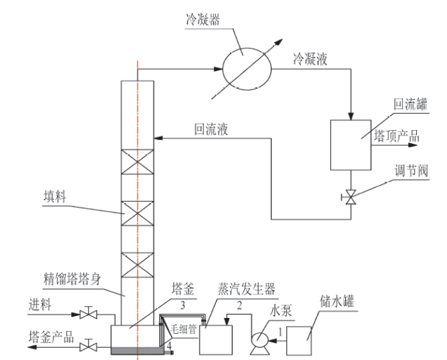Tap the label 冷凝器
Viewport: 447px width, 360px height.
pos(203,20)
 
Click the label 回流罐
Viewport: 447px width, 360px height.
pos(411,104)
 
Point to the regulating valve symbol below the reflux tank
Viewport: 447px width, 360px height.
pos(350,197)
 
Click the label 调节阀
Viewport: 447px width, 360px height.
pos(411,171)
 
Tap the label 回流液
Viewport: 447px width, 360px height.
pos(211,129)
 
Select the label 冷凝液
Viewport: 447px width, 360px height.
pos(310,59)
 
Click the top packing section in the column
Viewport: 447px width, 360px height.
pos(138,162)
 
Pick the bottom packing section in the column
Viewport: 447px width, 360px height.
pos(138,265)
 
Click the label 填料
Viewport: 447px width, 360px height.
pos(55,197)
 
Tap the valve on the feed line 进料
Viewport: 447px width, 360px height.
pos(89,315)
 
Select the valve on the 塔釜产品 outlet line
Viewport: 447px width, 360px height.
pos(89,347)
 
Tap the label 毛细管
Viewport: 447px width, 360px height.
pos(184,329)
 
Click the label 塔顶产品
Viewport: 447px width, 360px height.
pos(397,136)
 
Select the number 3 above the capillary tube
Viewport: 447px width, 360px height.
pos(183,306)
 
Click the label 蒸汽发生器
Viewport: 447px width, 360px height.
pos(247,288)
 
